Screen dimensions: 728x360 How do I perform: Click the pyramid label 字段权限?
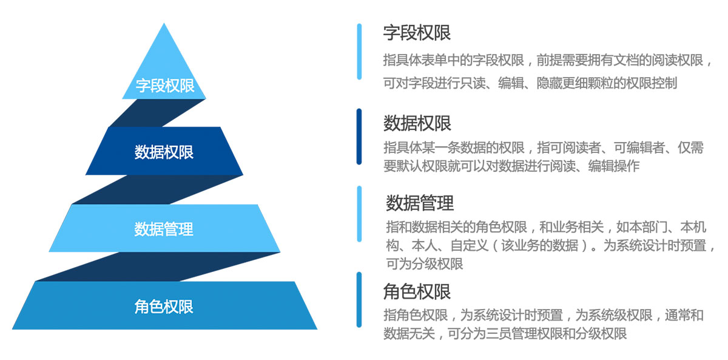[165, 86]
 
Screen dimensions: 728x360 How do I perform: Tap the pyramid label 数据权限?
[164, 152]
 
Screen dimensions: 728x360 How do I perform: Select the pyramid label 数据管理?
[164, 229]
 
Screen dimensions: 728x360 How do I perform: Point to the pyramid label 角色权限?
[164, 307]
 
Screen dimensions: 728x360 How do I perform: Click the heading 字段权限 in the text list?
[417, 33]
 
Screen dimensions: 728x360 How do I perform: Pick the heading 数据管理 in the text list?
[420, 203]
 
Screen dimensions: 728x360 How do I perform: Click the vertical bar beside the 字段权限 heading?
[359, 52]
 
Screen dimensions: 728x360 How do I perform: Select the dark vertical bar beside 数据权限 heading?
[359, 137]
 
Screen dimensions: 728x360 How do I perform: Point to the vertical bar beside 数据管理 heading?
[359, 214]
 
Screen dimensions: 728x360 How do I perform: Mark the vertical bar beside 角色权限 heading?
[359, 299]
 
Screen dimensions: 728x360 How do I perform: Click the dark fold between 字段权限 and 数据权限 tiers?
[157, 113]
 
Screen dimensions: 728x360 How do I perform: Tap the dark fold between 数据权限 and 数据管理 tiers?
[158, 189]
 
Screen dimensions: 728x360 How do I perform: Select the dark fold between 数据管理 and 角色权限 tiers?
[158, 267]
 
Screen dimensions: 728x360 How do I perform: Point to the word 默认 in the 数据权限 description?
[409, 166]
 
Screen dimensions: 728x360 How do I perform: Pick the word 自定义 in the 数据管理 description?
[470, 245]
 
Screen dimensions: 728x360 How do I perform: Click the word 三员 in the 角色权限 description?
[498, 333]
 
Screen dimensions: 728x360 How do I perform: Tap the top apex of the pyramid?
[164, 23]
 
